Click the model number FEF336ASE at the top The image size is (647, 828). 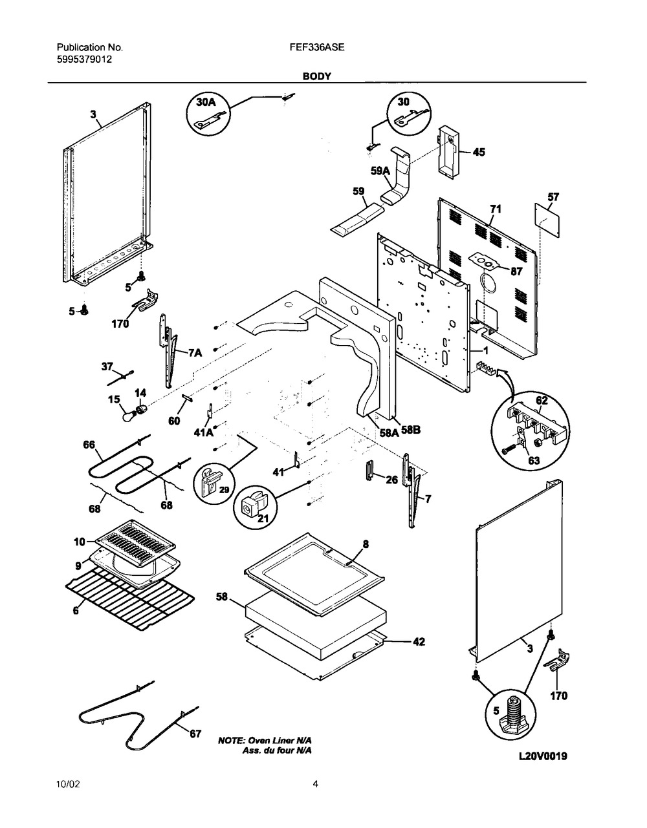(317, 47)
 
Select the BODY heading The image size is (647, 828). (317, 76)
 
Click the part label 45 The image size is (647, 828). (479, 152)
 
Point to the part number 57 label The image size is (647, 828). (553, 197)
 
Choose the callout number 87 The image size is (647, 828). (516, 271)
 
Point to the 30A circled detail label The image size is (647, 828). (207, 103)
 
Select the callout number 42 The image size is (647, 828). (419, 642)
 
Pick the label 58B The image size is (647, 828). (411, 430)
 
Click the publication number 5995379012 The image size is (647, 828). (84, 59)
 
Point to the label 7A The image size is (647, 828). (195, 353)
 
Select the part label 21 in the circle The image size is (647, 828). (263, 518)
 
